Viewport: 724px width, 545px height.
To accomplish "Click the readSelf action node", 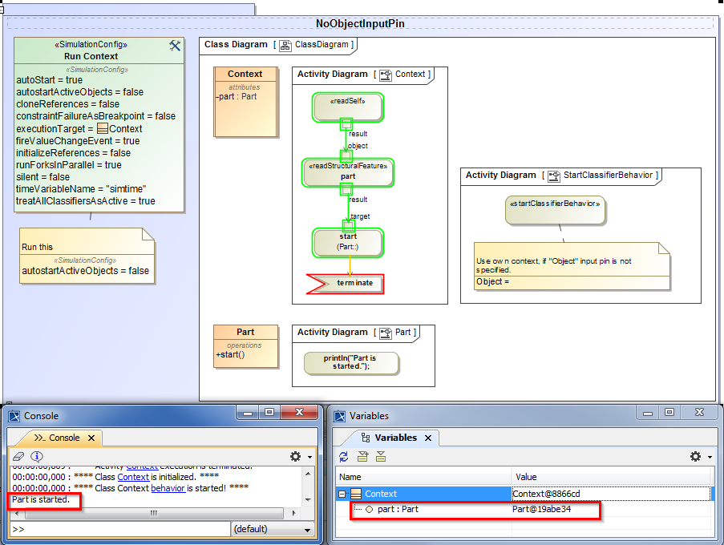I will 347,106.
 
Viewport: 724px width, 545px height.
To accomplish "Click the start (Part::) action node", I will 347,241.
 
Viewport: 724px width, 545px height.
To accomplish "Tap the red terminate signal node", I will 345,284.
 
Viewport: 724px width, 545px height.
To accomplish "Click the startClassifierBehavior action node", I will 554,209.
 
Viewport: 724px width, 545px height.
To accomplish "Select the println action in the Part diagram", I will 350,362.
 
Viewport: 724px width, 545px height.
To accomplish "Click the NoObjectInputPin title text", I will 360,24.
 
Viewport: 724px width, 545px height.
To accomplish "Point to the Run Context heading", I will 91,57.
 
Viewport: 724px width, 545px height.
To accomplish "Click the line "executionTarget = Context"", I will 79,128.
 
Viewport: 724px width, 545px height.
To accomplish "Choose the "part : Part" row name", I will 398,509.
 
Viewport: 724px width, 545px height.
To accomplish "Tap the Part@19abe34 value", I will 542,509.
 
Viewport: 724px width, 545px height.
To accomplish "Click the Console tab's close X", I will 91,438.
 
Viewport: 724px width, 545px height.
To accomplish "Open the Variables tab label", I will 396,438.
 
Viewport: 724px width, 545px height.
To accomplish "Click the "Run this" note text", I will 37,247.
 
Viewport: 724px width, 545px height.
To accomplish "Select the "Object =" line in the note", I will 493,282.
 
